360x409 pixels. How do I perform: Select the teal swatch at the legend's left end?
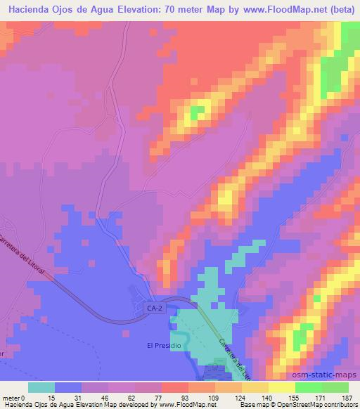[x=41, y=387]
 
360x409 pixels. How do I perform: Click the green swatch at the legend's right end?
[x=335, y=387]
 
